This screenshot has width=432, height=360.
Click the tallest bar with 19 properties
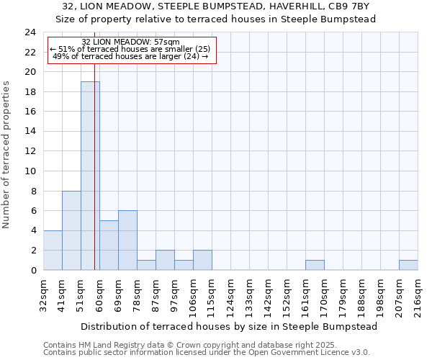(x=89, y=176)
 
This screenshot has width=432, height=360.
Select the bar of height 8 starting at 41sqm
(x=71, y=230)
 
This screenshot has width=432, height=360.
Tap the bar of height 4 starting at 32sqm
(x=53, y=250)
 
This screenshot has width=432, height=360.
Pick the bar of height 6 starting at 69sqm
(x=127, y=240)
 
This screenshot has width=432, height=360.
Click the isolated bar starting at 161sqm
(x=315, y=265)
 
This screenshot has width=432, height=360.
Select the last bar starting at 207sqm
(x=408, y=265)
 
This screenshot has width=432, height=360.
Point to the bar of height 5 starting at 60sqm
(x=109, y=245)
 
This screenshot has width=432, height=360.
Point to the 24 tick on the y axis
(x=30, y=32)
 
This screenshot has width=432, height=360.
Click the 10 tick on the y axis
(x=30, y=171)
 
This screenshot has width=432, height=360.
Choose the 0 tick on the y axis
(x=33, y=270)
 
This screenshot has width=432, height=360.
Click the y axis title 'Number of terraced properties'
(x=7, y=155)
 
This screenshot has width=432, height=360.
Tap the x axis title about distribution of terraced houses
(x=229, y=326)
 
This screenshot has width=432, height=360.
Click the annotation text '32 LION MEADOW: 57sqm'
(x=131, y=42)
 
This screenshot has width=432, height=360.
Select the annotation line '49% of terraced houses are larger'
(x=131, y=57)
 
